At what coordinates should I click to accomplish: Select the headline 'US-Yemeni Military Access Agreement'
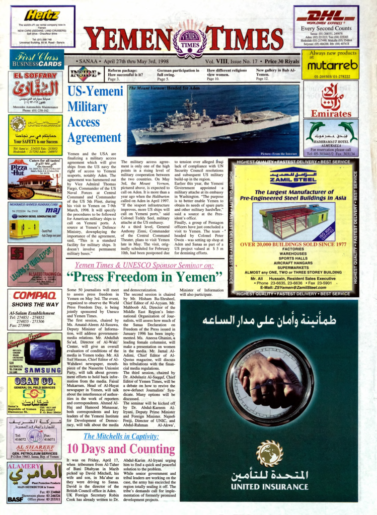[x=95, y=115]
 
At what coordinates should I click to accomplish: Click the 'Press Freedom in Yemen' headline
[x=144, y=277]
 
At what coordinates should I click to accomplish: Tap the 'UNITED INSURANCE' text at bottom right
[x=269, y=487]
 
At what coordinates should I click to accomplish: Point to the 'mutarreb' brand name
[x=333, y=65]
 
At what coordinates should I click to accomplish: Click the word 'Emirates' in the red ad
[x=331, y=114]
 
